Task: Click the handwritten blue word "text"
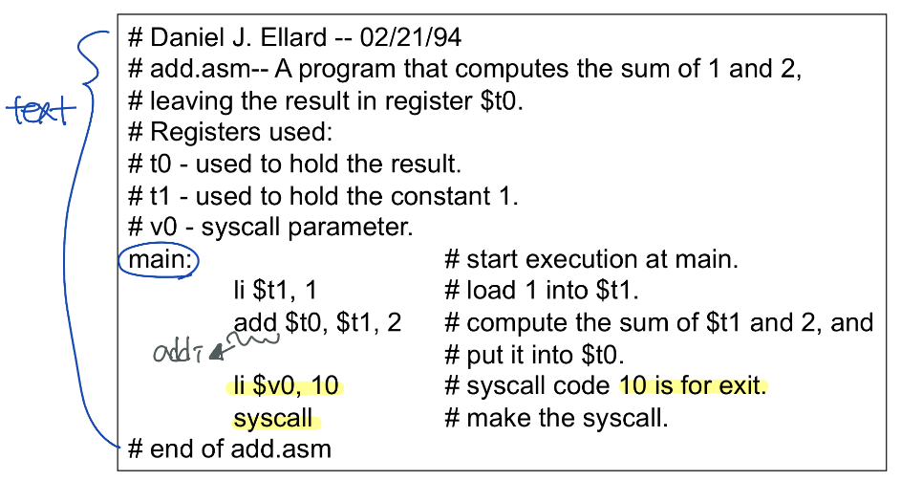point(40,111)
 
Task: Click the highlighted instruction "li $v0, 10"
point(286,386)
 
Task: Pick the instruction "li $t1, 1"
point(274,291)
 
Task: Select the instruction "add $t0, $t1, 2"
point(317,323)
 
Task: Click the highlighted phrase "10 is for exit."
point(693,386)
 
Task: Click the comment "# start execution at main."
point(592,259)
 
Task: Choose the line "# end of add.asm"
point(229,448)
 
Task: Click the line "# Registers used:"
point(229,133)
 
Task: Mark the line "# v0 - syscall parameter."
point(270,228)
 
